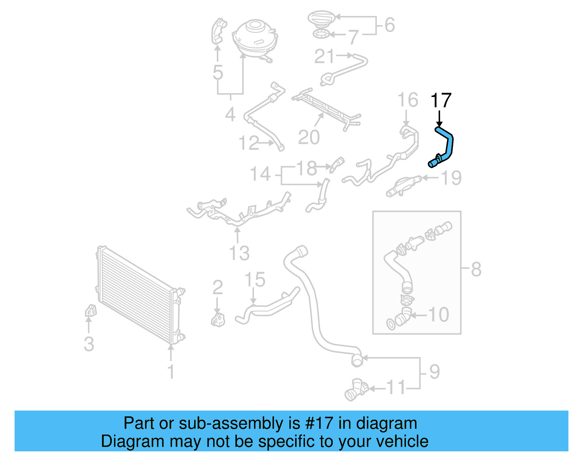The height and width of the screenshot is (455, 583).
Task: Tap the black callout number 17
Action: tap(441, 101)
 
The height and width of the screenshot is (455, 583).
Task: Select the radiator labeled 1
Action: tap(138, 295)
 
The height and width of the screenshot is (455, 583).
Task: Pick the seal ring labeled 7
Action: tap(322, 35)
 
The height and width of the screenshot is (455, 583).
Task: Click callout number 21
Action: tap(324, 56)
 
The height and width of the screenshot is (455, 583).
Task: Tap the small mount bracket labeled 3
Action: tap(90, 311)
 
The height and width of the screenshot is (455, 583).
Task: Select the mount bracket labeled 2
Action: tap(218, 319)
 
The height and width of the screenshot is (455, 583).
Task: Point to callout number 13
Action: tap(239, 253)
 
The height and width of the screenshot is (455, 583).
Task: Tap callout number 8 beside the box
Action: tap(476, 270)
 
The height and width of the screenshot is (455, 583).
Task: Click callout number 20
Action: tap(309, 137)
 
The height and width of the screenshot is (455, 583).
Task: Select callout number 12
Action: tap(249, 143)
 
